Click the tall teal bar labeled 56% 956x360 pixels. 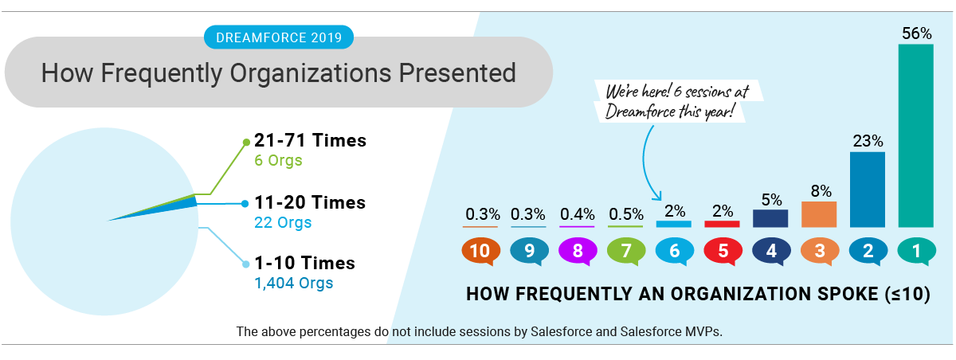pos(915,135)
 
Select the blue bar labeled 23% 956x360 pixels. pos(868,190)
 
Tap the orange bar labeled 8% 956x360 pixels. pos(819,214)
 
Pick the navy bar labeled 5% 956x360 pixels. pos(770,218)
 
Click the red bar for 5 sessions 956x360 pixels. pos(722,224)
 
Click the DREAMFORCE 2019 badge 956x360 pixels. pos(279,36)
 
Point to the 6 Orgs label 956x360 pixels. pos(278,161)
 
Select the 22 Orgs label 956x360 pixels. pos(282,222)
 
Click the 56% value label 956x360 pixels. pos(916,33)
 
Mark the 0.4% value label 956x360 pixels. pos(578,213)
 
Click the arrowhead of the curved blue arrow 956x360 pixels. pos(658,197)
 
